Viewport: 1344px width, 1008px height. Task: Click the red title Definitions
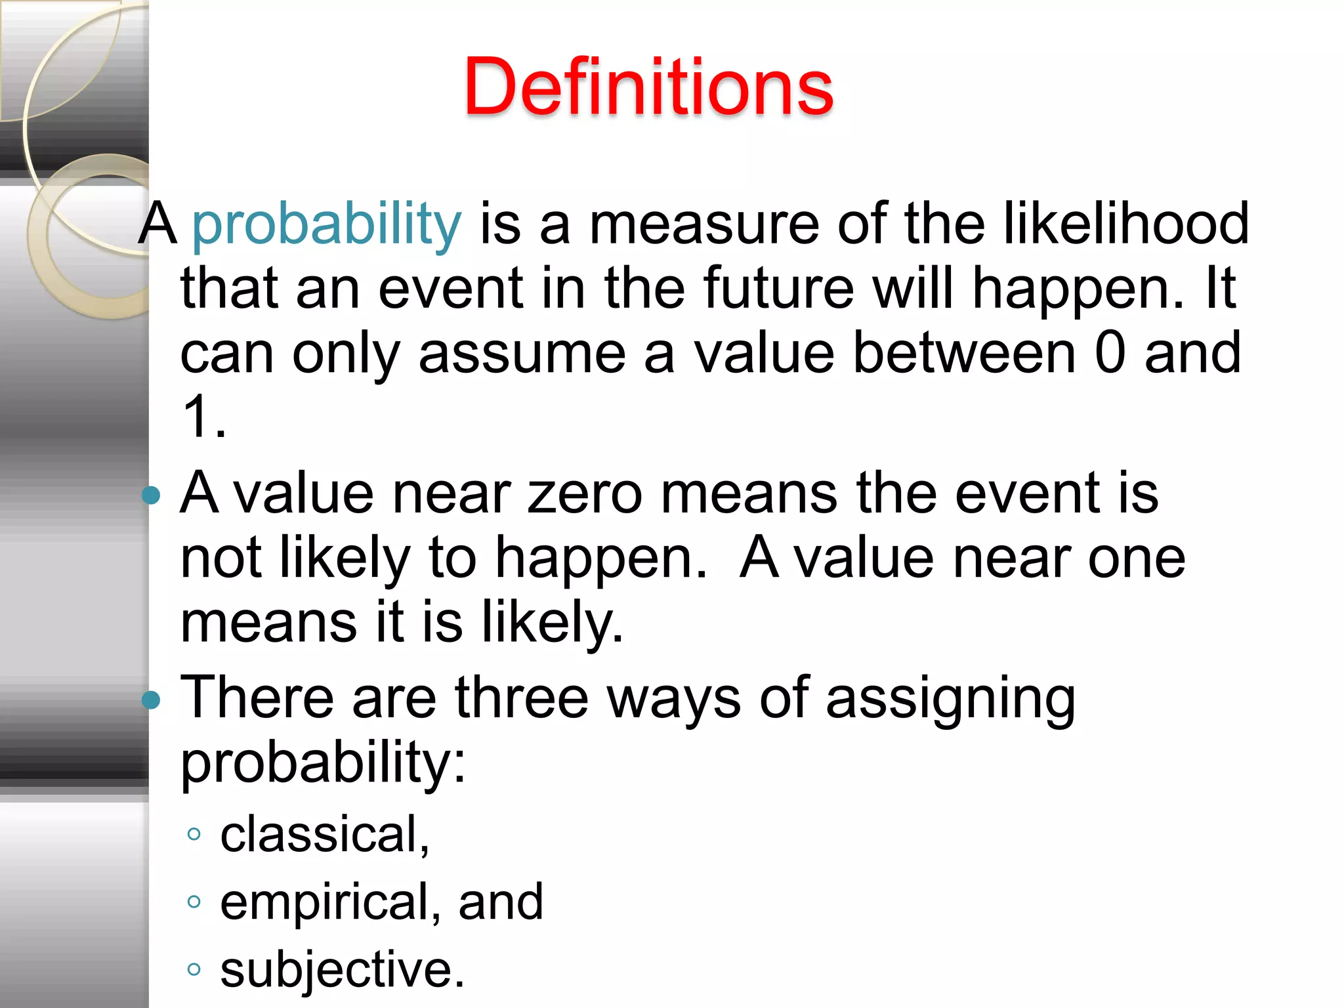[x=648, y=87]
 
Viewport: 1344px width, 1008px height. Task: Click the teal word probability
[x=327, y=225]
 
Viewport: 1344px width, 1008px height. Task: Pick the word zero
[x=585, y=493]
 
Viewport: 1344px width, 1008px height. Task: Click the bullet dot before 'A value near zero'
[x=152, y=495]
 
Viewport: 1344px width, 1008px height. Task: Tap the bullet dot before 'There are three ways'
[x=152, y=700]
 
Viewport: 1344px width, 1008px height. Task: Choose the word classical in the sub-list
[x=320, y=834]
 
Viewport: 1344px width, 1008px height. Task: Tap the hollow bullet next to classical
[x=194, y=835]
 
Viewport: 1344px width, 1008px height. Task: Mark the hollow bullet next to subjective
[x=194, y=969]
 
